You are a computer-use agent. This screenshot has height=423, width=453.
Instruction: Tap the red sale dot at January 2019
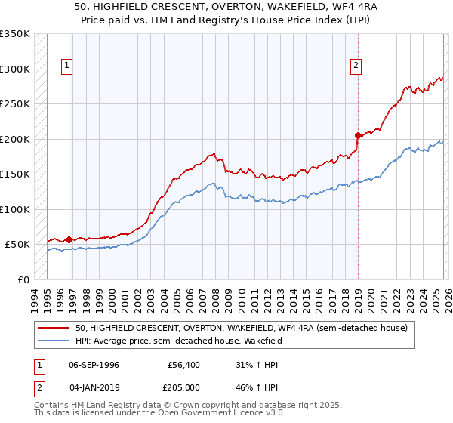(358, 136)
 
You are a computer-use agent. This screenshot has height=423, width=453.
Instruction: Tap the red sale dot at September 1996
(69, 239)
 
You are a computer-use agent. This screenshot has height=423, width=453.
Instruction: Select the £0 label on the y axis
(23, 279)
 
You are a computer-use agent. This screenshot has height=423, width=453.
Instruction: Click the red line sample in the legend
(54, 328)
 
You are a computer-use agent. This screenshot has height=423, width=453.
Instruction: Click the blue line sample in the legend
(54, 341)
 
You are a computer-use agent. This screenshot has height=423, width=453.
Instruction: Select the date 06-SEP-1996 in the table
(94, 365)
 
